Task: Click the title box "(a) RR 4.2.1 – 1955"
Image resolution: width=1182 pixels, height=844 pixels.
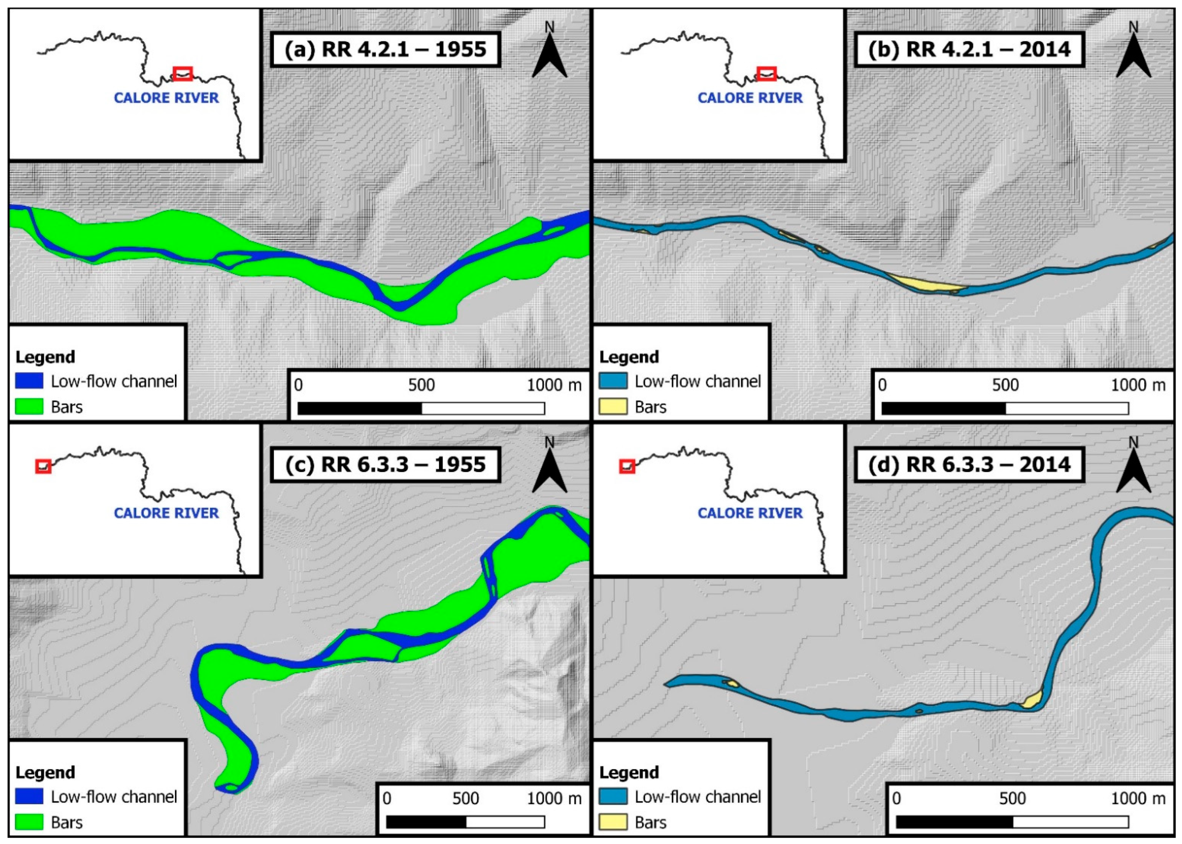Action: click(385, 49)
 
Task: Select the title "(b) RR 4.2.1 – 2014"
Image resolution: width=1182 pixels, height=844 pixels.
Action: click(969, 49)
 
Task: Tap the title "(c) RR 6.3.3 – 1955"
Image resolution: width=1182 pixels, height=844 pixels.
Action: click(385, 464)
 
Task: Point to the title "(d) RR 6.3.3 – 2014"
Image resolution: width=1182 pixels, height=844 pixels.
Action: click(969, 464)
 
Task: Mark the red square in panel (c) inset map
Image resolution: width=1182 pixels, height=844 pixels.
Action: click(43, 466)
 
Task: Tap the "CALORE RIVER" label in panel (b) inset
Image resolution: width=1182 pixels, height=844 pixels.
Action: click(750, 98)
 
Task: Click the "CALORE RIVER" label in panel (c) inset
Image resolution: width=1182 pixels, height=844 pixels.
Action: click(166, 513)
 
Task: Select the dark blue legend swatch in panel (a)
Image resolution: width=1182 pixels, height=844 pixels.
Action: click(29, 382)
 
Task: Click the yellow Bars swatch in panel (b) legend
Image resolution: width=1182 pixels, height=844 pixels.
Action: click(613, 406)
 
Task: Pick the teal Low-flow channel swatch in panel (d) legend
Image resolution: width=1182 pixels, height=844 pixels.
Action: click(613, 797)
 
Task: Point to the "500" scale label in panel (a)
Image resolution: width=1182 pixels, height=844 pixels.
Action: click(421, 385)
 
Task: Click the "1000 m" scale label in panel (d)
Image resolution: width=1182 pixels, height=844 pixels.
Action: click(1138, 798)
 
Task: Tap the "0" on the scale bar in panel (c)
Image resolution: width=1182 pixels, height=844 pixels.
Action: click(386, 798)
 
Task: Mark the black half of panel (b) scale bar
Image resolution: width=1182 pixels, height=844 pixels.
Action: click(943, 409)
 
